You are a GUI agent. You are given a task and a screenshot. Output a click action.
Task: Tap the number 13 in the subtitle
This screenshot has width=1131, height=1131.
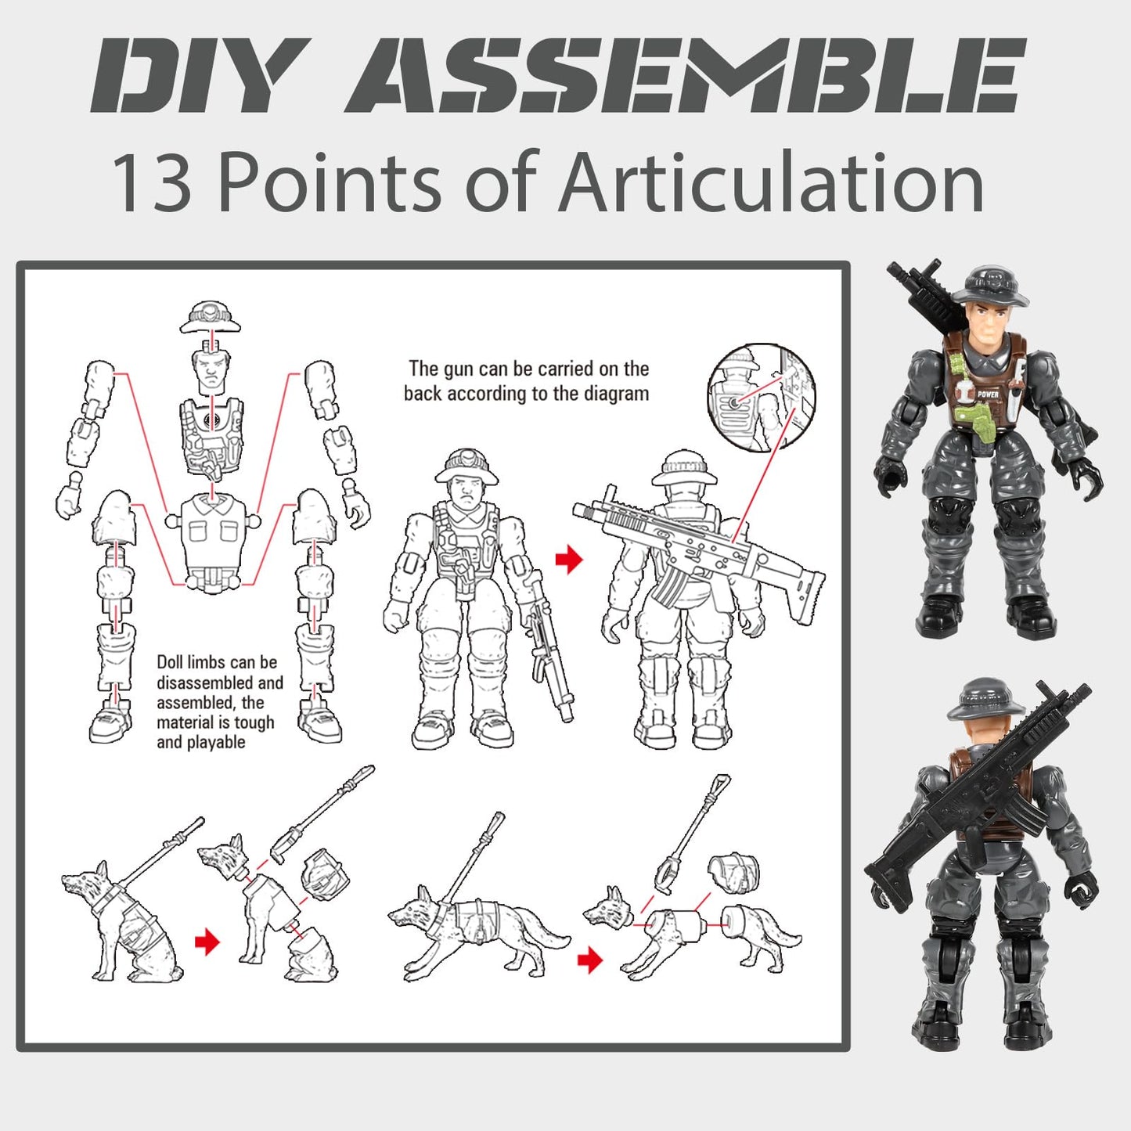coord(152,183)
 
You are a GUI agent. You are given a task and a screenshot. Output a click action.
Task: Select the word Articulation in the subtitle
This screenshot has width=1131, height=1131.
coord(770,183)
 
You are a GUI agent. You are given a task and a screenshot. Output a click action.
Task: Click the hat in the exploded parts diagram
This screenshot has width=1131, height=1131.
coord(210,316)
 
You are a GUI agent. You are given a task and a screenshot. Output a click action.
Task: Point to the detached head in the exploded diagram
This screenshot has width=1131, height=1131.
coord(210,371)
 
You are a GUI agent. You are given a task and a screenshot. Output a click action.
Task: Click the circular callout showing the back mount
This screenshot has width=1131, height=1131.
coord(761,398)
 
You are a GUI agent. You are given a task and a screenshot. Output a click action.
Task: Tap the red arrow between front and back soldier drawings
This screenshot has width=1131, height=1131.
coord(570,559)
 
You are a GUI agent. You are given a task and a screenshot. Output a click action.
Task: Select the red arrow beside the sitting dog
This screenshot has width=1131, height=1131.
coord(207,942)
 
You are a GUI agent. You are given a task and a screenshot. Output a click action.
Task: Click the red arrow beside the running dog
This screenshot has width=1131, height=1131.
coord(590,960)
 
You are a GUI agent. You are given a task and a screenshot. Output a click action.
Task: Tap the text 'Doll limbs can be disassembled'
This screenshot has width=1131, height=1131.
coord(216,672)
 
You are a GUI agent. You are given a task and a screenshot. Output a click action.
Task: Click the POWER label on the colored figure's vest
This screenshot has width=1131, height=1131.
coord(987,394)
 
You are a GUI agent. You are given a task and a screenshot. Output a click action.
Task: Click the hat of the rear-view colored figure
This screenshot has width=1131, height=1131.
coord(985,697)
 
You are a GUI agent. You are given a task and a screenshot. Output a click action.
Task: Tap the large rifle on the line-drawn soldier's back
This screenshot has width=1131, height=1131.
coord(697,548)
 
